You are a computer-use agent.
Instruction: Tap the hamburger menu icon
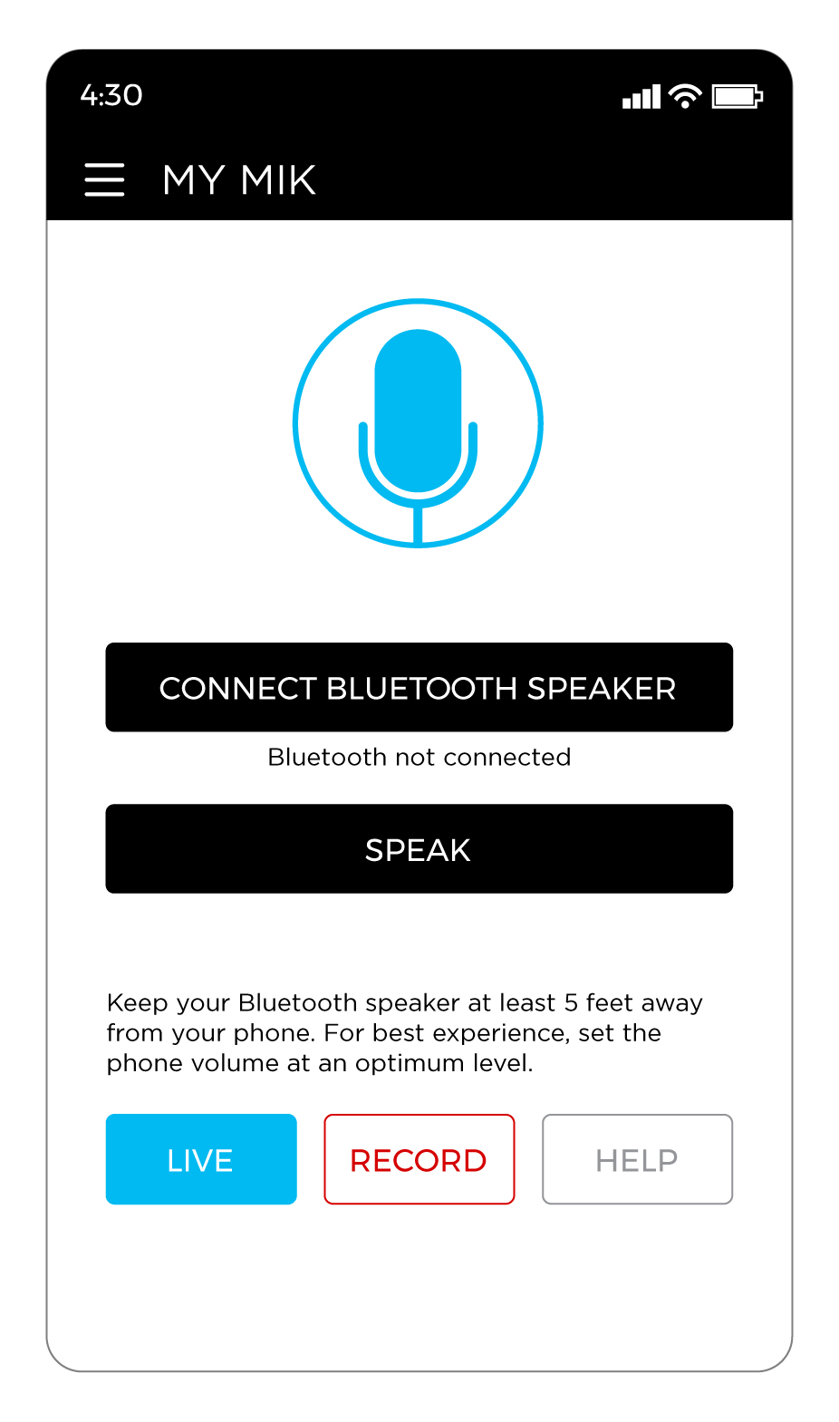104,179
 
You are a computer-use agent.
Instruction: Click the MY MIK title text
239,179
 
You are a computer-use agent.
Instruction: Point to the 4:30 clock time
111,95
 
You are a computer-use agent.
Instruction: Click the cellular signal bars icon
641,96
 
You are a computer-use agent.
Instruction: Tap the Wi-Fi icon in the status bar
685,95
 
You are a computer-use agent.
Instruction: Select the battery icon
737,96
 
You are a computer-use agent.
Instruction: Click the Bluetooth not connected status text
419,757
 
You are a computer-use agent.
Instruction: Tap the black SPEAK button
419,849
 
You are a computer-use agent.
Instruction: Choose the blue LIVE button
201,1159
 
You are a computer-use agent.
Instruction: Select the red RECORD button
419,1159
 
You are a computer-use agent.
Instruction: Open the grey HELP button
637,1159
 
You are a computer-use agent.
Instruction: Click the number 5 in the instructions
571,1002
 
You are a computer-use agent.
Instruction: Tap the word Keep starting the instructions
138,1002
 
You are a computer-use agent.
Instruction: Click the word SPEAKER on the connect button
602,689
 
